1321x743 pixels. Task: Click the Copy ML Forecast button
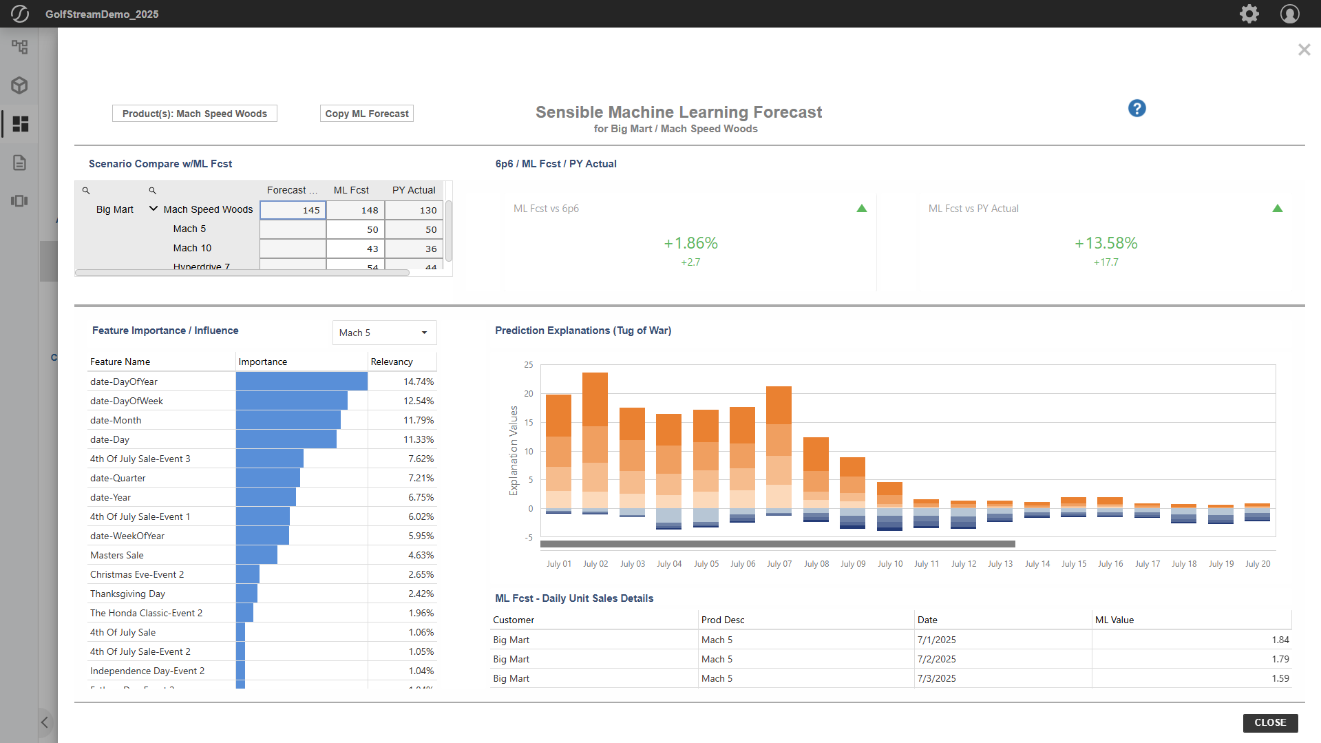click(367, 114)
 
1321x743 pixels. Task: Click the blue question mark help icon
click(1137, 108)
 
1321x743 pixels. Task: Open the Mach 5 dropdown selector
click(384, 333)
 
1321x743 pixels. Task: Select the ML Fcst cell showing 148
click(355, 210)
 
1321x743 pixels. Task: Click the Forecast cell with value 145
click(293, 210)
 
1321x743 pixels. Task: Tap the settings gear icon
click(1249, 14)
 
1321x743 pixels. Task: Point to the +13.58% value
click(1106, 243)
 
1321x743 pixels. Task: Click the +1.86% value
click(690, 243)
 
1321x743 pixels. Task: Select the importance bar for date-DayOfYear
click(302, 381)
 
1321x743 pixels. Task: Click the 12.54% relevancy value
click(418, 401)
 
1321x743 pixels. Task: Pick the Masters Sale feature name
click(117, 555)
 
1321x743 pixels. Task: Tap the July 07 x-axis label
click(779, 564)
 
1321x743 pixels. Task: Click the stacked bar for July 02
click(595, 441)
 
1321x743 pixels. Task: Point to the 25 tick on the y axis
click(529, 365)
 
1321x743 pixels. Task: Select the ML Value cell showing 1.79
click(1280, 659)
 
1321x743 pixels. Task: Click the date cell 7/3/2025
click(936, 678)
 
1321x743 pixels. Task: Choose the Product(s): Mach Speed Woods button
click(195, 114)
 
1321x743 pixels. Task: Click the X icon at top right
click(1304, 50)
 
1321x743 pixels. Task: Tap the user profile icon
click(1289, 14)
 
